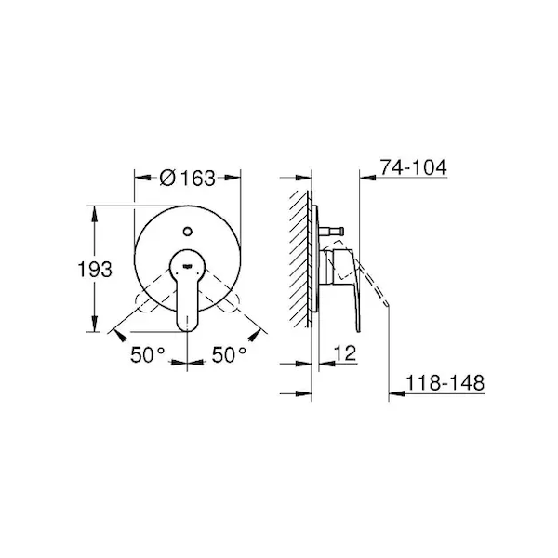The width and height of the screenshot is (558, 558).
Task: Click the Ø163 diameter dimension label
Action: pyautogui.click(x=188, y=178)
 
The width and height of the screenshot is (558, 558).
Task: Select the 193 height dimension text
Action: pyautogui.click(x=95, y=269)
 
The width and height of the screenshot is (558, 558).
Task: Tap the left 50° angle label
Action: pyautogui.click(x=147, y=355)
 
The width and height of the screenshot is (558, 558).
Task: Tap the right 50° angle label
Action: pyautogui.click(x=229, y=355)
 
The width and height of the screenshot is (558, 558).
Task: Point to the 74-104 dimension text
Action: pyautogui.click(x=413, y=167)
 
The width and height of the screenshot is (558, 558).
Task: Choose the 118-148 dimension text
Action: pyautogui.click(x=445, y=383)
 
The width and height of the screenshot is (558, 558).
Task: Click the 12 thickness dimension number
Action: pyautogui.click(x=345, y=353)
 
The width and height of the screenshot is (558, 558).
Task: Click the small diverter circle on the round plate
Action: pyautogui.click(x=187, y=232)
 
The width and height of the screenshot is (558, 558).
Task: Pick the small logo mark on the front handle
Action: pyautogui.click(x=187, y=265)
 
